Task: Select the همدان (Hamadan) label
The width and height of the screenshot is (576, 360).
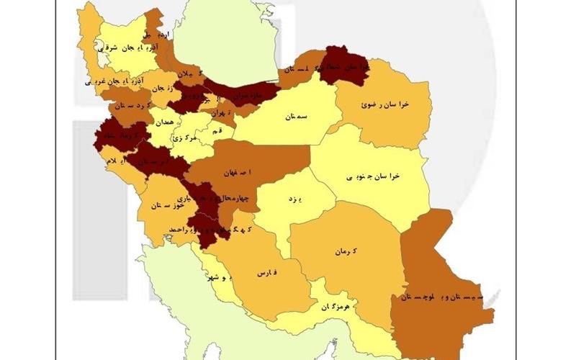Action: click(164, 123)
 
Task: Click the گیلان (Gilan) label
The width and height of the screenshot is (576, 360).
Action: click(185, 74)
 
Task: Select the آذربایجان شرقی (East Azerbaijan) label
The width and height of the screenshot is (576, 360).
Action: click(131, 47)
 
